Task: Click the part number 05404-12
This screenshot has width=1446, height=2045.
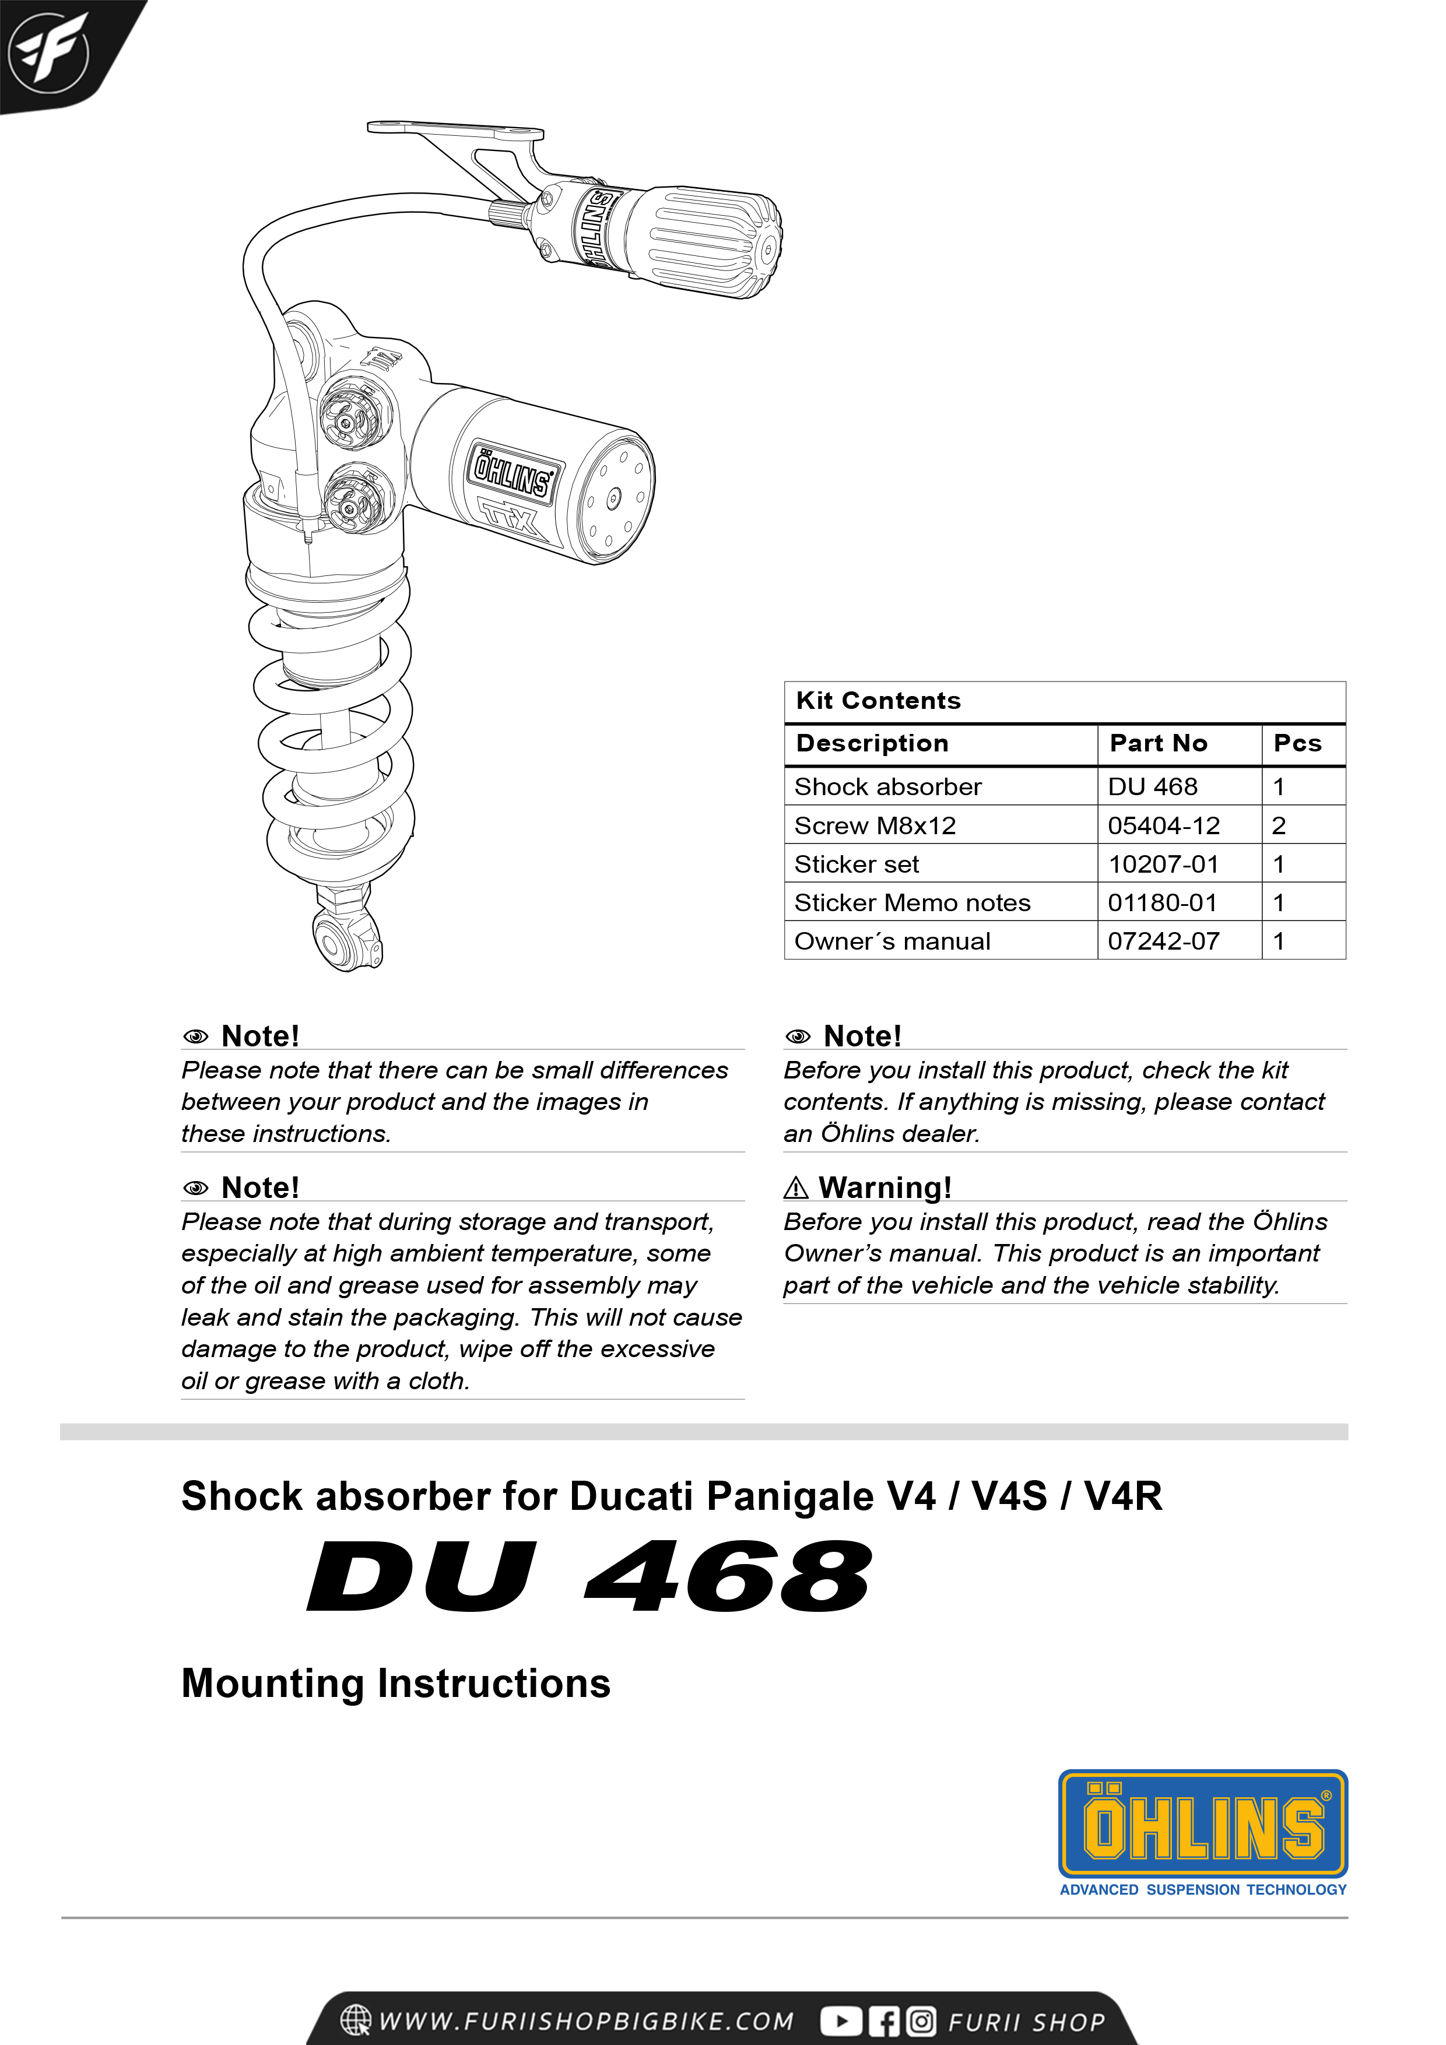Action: (x=1163, y=825)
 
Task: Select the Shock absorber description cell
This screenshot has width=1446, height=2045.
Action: (x=887, y=786)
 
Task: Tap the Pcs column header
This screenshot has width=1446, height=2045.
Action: (x=1297, y=744)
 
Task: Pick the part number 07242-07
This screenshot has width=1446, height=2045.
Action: (x=1163, y=941)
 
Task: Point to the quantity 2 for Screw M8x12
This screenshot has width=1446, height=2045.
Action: (x=1279, y=825)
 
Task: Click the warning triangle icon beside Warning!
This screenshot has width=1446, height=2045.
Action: (x=795, y=1188)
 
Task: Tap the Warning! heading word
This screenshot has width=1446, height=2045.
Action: (x=885, y=1188)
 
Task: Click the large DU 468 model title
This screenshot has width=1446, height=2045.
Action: (x=589, y=1577)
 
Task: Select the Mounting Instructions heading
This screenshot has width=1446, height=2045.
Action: (x=395, y=1684)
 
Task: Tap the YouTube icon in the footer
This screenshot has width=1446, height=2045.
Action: (x=840, y=2021)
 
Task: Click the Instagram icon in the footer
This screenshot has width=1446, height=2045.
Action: (x=921, y=2021)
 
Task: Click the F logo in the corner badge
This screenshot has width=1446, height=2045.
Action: (x=49, y=52)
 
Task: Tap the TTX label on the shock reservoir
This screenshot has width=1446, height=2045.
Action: (x=513, y=521)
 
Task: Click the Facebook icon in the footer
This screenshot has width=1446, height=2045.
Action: (x=883, y=2021)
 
